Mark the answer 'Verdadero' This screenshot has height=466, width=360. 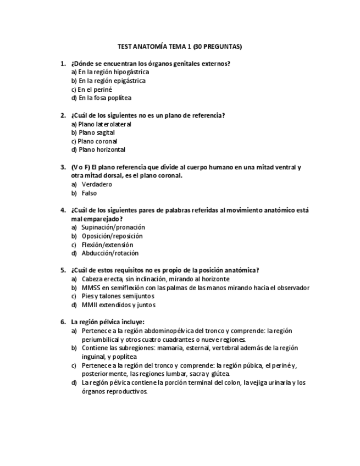click(x=97, y=184)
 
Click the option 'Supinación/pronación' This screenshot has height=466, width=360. click(x=113, y=227)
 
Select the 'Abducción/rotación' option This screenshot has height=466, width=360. click(x=110, y=253)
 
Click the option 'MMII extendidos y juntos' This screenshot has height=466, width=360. click(x=118, y=305)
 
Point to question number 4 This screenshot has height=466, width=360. click(x=63, y=210)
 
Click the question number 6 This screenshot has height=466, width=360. click(x=63, y=322)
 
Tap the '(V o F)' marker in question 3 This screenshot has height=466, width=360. click(x=80, y=167)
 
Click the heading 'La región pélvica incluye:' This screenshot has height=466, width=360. click(x=108, y=322)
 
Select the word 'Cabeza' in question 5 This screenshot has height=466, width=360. click(x=92, y=279)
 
